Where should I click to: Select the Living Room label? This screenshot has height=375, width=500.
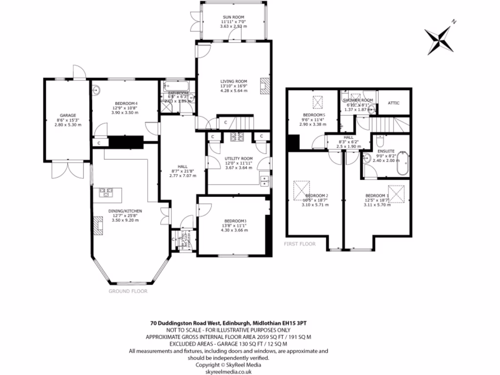(233, 82)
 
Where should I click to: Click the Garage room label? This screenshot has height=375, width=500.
(68, 116)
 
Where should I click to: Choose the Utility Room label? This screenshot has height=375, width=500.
(239, 159)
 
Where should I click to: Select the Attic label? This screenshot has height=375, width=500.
(394, 103)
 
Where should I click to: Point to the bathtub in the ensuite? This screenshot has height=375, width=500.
(402, 164)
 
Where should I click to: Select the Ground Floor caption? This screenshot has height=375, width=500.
(128, 291)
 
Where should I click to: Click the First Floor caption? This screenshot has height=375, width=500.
(299, 244)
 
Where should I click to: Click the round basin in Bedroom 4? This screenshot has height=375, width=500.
(98, 89)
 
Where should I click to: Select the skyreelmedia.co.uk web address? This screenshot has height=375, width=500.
(228, 371)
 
